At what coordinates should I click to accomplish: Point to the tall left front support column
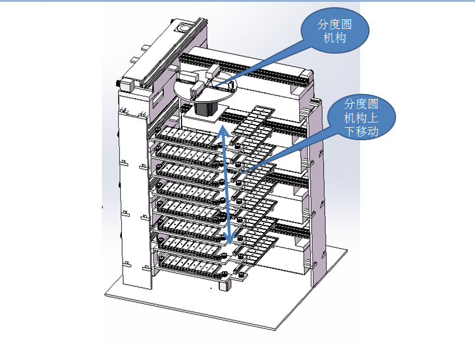133,194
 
